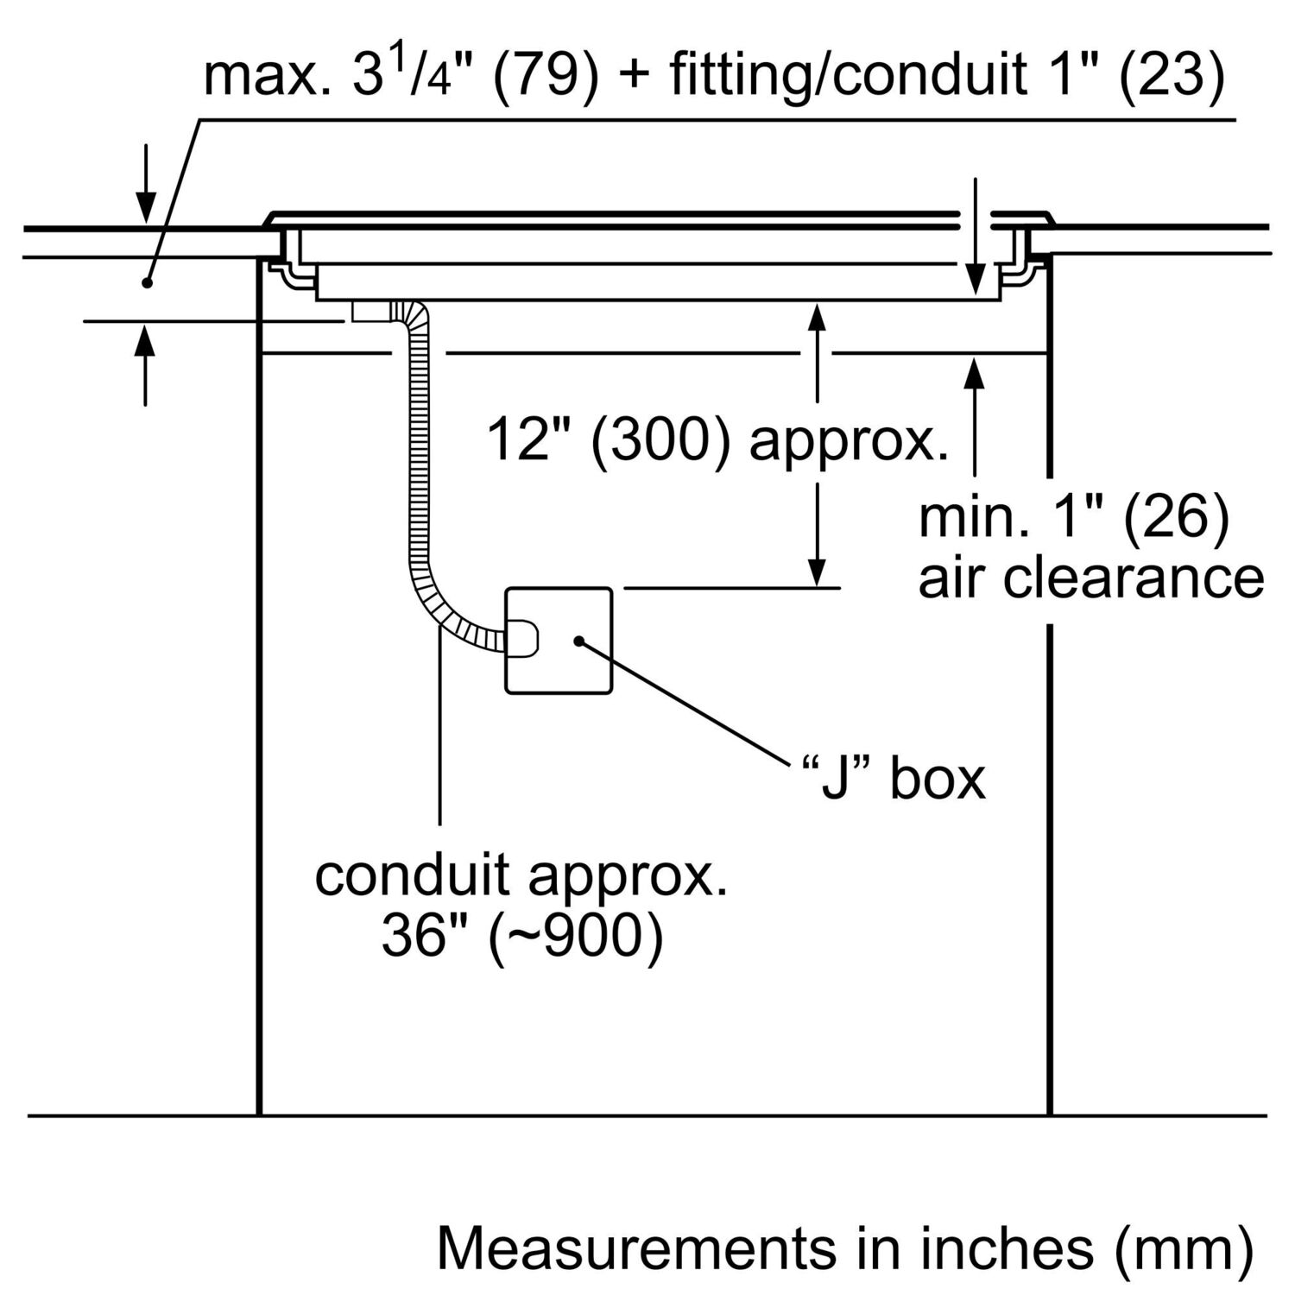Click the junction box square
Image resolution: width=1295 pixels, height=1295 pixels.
click(x=558, y=640)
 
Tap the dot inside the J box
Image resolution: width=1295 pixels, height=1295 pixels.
click(x=578, y=640)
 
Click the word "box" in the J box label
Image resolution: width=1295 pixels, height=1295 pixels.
click(x=938, y=779)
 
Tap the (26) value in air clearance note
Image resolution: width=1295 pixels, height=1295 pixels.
click(x=1177, y=519)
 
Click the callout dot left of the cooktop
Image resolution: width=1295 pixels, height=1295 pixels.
click(x=148, y=282)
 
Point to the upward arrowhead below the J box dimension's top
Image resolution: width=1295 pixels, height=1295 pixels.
click(x=817, y=319)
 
